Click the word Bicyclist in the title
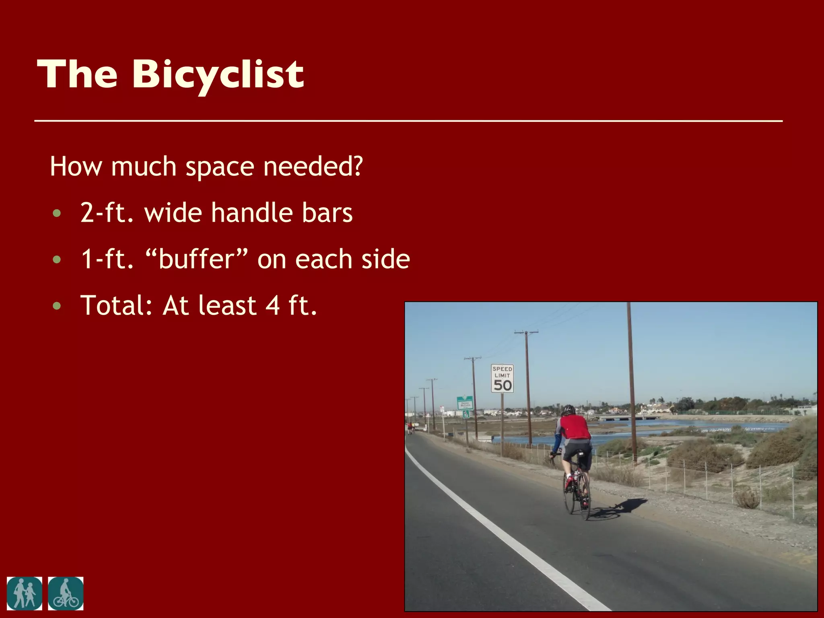click(x=218, y=75)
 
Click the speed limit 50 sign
click(x=502, y=378)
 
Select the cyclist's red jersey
click(x=575, y=427)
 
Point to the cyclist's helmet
click(x=568, y=410)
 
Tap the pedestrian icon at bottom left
click(x=24, y=593)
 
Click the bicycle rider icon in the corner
click(x=66, y=593)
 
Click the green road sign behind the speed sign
click(x=465, y=403)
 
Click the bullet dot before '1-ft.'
click(x=57, y=259)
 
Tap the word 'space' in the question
click(x=220, y=167)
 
